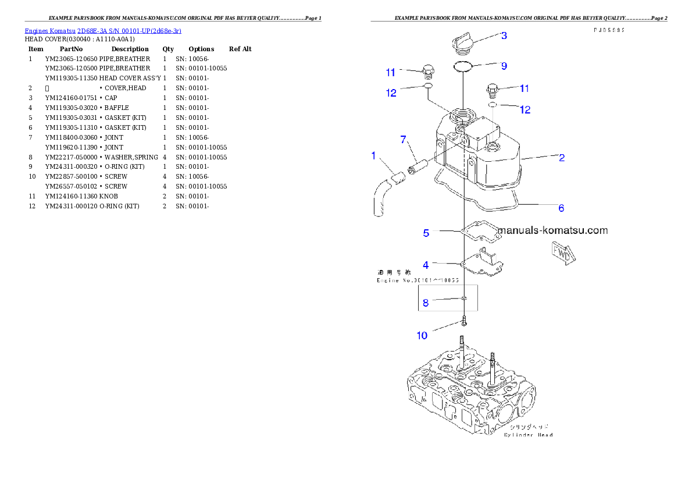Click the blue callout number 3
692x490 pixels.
pyautogui.click(x=504, y=35)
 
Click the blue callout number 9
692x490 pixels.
pyautogui.click(x=504, y=66)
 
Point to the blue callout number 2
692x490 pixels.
pyautogui.click(x=562, y=157)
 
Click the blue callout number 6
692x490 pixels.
pyautogui.click(x=561, y=208)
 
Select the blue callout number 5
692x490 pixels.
pyautogui.click(x=426, y=233)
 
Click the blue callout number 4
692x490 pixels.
pyautogui.click(x=426, y=265)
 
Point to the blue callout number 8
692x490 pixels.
pyautogui.click(x=426, y=303)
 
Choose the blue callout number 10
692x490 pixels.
pyautogui.click(x=422, y=335)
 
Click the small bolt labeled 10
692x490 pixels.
pyautogui.click(x=463, y=320)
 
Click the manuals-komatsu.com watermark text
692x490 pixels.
pyautogui.click(x=553, y=230)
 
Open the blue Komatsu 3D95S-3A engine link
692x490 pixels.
pyautogui.click(x=103, y=30)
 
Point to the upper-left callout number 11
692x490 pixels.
pyautogui.click(x=391, y=73)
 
